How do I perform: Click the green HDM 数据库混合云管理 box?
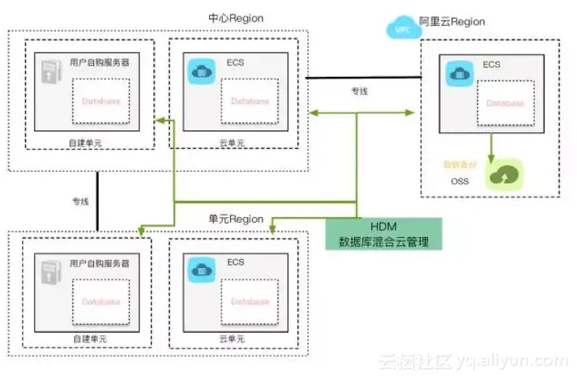[385, 233]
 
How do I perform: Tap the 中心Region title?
[235, 18]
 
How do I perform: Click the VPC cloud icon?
[400, 28]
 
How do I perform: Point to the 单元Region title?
[236, 219]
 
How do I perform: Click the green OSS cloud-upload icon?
[505, 174]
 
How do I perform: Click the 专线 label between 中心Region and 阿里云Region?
[359, 92]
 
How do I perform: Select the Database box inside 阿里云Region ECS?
[506, 104]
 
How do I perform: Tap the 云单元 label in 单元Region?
[232, 338]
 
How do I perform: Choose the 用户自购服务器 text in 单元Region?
[100, 263]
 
